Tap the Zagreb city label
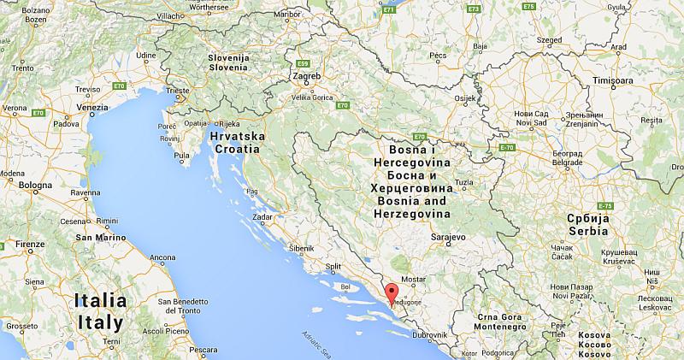tap(307, 76)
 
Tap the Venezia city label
tap(91, 108)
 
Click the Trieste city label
tap(178, 89)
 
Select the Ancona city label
tap(162, 257)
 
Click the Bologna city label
tap(36, 186)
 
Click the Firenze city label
tap(29, 245)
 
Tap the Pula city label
tap(181, 156)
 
